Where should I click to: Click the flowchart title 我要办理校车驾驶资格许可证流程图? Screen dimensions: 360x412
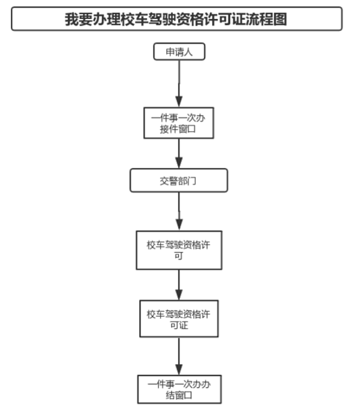[176, 19]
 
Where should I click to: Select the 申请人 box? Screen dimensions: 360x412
[179, 52]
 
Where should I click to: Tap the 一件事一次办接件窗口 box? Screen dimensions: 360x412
[179, 123]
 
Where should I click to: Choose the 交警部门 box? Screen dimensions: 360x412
[179, 180]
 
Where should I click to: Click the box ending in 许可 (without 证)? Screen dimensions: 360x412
[179, 250]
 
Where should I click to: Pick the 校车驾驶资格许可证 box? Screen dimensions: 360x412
[179, 319]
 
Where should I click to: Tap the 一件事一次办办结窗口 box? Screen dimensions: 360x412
[180, 389]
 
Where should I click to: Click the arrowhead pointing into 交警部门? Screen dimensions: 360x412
[179, 163]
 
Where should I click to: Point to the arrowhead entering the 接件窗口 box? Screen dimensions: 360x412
[179, 101]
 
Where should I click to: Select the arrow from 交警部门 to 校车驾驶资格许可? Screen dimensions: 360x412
[179, 211]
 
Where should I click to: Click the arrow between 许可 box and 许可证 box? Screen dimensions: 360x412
[179, 285]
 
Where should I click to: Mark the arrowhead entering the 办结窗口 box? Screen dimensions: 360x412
[179, 369]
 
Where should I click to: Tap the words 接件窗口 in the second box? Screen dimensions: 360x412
[178, 129]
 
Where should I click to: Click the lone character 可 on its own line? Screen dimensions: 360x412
[179, 256]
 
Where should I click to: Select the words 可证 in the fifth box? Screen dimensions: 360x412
[179, 325]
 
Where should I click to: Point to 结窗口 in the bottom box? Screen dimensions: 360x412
[179, 395]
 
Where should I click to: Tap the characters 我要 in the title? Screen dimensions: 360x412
[78, 19]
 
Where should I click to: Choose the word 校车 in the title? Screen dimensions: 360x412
[134, 19]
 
